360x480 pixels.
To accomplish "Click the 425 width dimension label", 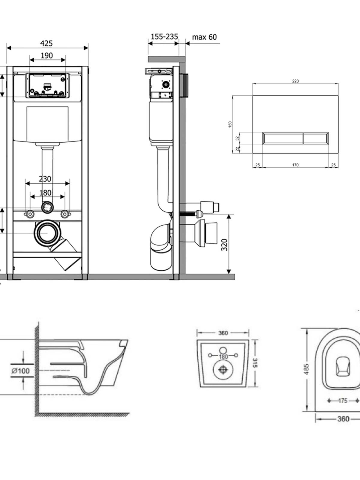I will (46, 43).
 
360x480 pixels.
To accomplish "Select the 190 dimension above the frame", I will (46, 55).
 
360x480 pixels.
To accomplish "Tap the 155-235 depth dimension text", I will (164, 37).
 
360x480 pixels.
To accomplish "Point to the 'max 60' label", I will (204, 37).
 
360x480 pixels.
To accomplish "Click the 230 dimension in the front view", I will (45, 179).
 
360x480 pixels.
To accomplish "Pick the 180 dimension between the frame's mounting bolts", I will (46, 193).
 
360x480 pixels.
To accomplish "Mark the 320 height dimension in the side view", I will (224, 245).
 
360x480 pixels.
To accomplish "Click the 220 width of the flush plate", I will (295, 81).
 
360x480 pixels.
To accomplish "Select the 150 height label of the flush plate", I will (230, 124).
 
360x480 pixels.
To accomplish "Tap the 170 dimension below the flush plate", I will (295, 165).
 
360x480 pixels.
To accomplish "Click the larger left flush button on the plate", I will (283, 138).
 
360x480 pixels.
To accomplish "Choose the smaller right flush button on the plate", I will (315, 138).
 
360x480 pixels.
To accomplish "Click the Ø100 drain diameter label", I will (21, 371).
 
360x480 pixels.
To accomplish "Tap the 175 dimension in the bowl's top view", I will (343, 400).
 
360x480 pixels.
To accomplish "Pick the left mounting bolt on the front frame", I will (30, 214).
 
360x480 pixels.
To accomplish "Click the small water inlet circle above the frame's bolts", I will (47, 207).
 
